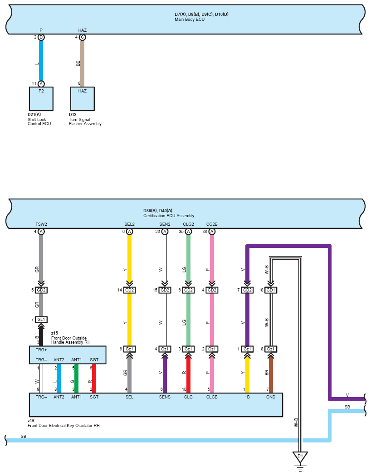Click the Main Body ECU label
click(190, 19)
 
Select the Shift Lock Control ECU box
click(41, 99)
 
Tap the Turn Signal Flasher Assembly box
click(82, 99)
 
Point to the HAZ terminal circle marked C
click(82, 37)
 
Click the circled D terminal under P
click(41, 37)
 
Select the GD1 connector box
click(270, 290)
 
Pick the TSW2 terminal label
click(41, 224)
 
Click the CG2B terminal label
click(212, 224)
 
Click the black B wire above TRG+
click(41, 336)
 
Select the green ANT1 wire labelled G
click(76, 379)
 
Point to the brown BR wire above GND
click(270, 375)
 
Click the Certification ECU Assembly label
click(169, 216)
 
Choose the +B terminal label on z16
click(247, 397)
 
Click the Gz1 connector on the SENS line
click(165, 349)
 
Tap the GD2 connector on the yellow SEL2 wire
click(130, 290)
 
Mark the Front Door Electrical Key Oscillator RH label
click(63, 426)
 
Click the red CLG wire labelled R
click(188, 375)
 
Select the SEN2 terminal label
click(165, 224)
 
